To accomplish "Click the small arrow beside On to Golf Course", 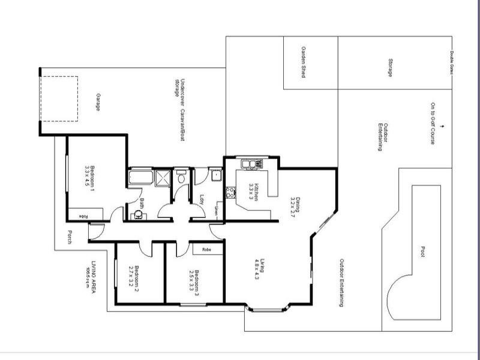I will click(442, 126).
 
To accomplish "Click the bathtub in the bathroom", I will click(140, 178).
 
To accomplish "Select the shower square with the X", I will click(163, 178).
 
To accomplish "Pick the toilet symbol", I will click(181, 178).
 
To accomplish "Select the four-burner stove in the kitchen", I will click(230, 193).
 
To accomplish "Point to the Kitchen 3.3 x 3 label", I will click(253, 192).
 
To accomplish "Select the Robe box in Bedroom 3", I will click(206, 248).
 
